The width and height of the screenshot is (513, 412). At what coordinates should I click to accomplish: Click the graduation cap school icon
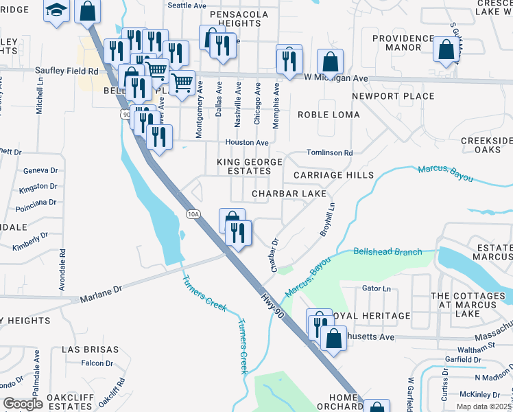tap(56, 10)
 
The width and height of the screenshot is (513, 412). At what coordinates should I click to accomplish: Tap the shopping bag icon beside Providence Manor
tap(446, 49)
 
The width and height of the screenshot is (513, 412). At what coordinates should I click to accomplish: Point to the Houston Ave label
tap(248, 142)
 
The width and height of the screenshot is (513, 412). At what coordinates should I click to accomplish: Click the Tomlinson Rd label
tap(329, 152)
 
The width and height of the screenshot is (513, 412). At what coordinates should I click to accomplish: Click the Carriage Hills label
tap(333, 175)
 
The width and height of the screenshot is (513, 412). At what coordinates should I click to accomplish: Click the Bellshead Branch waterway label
tap(387, 252)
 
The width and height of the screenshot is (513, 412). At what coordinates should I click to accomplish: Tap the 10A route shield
tap(193, 214)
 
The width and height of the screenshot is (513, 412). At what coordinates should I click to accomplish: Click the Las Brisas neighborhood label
tap(86, 349)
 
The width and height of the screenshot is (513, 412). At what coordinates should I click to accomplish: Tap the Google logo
tap(23, 404)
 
